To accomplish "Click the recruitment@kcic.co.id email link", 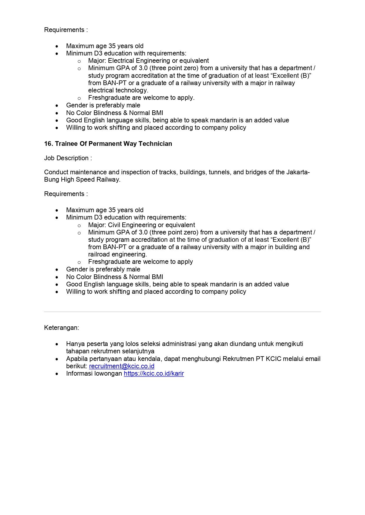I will [x=121, y=366].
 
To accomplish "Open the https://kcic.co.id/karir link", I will [x=154, y=374].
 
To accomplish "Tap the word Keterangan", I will [x=61, y=328].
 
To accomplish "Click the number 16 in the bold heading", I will [x=48, y=144].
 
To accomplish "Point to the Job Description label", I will [x=68, y=158].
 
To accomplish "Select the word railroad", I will [x=99, y=254].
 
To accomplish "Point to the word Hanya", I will [x=74, y=344].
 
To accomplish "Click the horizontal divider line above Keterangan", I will [x=182, y=312].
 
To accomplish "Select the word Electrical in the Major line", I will [x=121, y=61].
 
